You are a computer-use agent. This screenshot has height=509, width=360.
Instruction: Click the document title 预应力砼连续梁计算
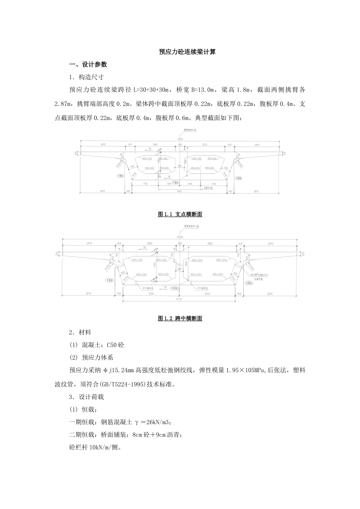click(x=187, y=52)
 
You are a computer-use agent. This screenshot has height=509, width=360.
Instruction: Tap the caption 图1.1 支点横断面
click(x=180, y=214)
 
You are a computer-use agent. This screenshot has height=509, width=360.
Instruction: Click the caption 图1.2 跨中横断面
click(x=180, y=319)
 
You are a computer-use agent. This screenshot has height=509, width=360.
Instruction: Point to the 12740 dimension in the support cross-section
click(x=180, y=139)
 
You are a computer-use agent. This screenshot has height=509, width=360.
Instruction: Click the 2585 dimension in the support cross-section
click(x=155, y=145)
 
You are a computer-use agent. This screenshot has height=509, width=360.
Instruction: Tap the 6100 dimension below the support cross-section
click(x=179, y=191)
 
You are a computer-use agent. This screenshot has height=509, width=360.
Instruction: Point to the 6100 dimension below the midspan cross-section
click(x=179, y=299)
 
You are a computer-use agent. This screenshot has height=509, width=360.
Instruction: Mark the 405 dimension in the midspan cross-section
click(x=119, y=244)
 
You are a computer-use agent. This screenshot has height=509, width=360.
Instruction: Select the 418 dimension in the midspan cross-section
click(x=240, y=244)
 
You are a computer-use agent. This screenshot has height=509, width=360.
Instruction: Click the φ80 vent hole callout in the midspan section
click(x=260, y=275)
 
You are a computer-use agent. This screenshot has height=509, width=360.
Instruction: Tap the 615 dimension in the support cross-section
click(x=130, y=145)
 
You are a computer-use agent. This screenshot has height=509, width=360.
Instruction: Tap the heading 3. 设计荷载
click(x=87, y=397)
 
